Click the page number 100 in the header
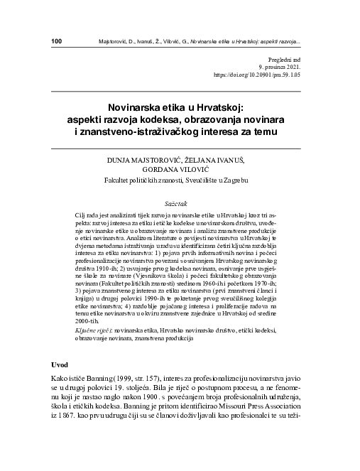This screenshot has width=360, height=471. click(x=58, y=40)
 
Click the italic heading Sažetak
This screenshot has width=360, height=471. click(x=177, y=202)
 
